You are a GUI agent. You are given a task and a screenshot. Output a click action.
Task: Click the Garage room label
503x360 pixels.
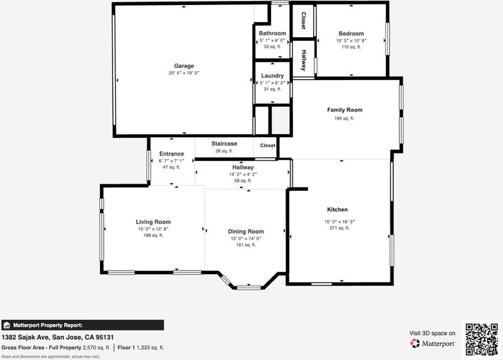184,66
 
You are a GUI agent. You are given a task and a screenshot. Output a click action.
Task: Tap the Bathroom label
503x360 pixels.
272,33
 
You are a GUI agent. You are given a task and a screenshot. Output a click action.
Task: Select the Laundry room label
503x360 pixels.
272,76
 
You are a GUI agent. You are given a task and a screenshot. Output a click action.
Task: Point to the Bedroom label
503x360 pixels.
351,33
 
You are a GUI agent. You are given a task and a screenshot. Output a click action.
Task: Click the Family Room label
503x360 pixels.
345,110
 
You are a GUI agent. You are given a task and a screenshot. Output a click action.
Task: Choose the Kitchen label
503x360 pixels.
337,210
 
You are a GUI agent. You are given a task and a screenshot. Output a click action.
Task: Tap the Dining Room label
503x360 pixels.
246,232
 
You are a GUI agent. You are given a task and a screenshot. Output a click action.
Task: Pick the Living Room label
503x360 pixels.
153,222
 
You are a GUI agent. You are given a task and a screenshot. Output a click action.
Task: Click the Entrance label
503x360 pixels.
172,154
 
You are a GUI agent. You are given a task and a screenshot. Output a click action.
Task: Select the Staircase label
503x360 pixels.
224,143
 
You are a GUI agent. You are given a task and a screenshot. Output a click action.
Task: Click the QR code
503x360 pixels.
482,339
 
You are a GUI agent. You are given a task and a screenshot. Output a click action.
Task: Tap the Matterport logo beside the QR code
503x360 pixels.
433,344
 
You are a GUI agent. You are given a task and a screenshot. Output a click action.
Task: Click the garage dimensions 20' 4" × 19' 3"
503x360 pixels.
184,73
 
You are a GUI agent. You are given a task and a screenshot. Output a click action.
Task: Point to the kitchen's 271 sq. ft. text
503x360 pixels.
340,228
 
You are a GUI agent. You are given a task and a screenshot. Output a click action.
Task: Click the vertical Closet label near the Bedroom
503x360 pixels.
304,21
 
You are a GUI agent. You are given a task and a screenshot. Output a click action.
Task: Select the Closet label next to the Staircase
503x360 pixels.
268,145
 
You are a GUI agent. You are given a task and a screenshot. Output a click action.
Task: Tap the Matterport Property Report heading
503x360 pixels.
48,325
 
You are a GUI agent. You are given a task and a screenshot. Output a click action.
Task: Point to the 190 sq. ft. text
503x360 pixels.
344,118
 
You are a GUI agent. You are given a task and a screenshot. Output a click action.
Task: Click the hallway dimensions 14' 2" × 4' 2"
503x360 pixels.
243,174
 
